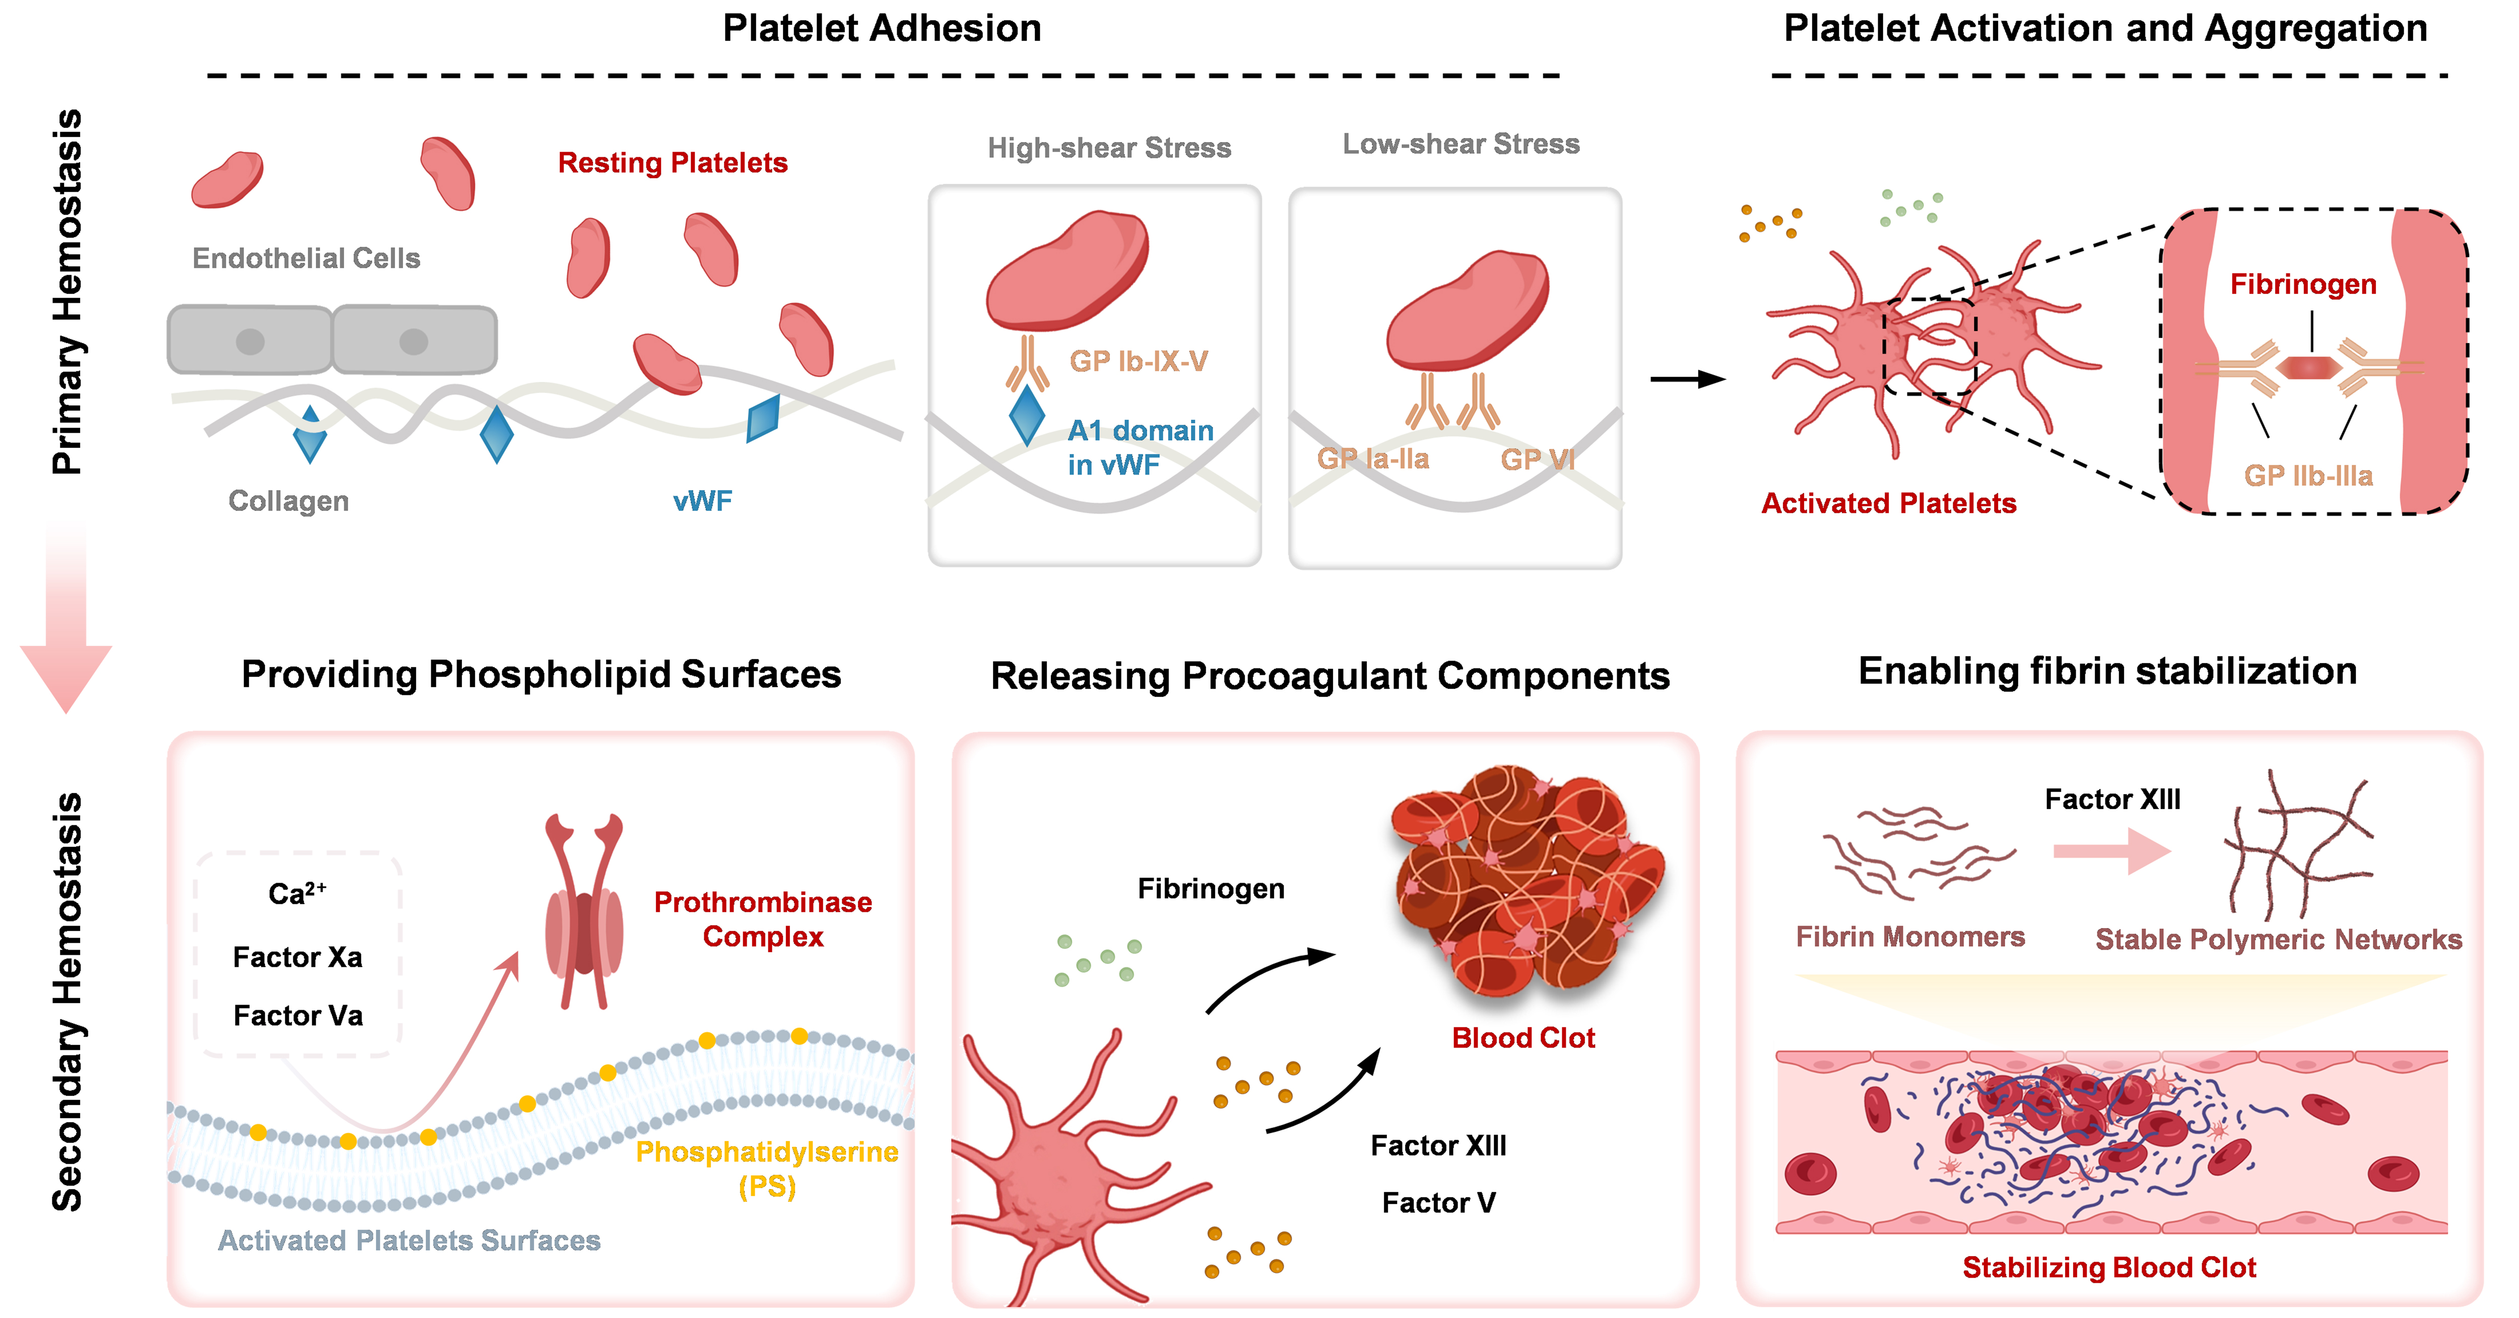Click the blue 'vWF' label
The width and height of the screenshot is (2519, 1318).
(x=702, y=502)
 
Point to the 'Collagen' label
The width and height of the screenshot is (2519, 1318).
(x=289, y=501)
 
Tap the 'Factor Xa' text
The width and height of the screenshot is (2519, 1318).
(x=297, y=957)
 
